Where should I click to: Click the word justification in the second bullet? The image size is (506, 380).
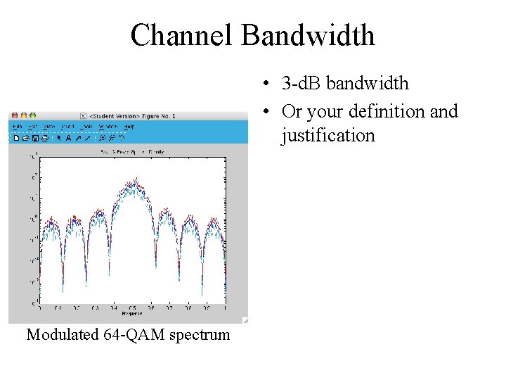[x=328, y=134]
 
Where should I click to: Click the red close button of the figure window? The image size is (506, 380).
[x=13, y=115]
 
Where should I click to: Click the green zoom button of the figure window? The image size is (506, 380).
[x=32, y=115]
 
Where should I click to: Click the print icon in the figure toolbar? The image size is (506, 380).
[x=44, y=138]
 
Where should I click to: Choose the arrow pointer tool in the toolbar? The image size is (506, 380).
[x=59, y=138]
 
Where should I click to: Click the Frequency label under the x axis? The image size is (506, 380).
[x=131, y=312]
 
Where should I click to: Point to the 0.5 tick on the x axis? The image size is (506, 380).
[x=131, y=308]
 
